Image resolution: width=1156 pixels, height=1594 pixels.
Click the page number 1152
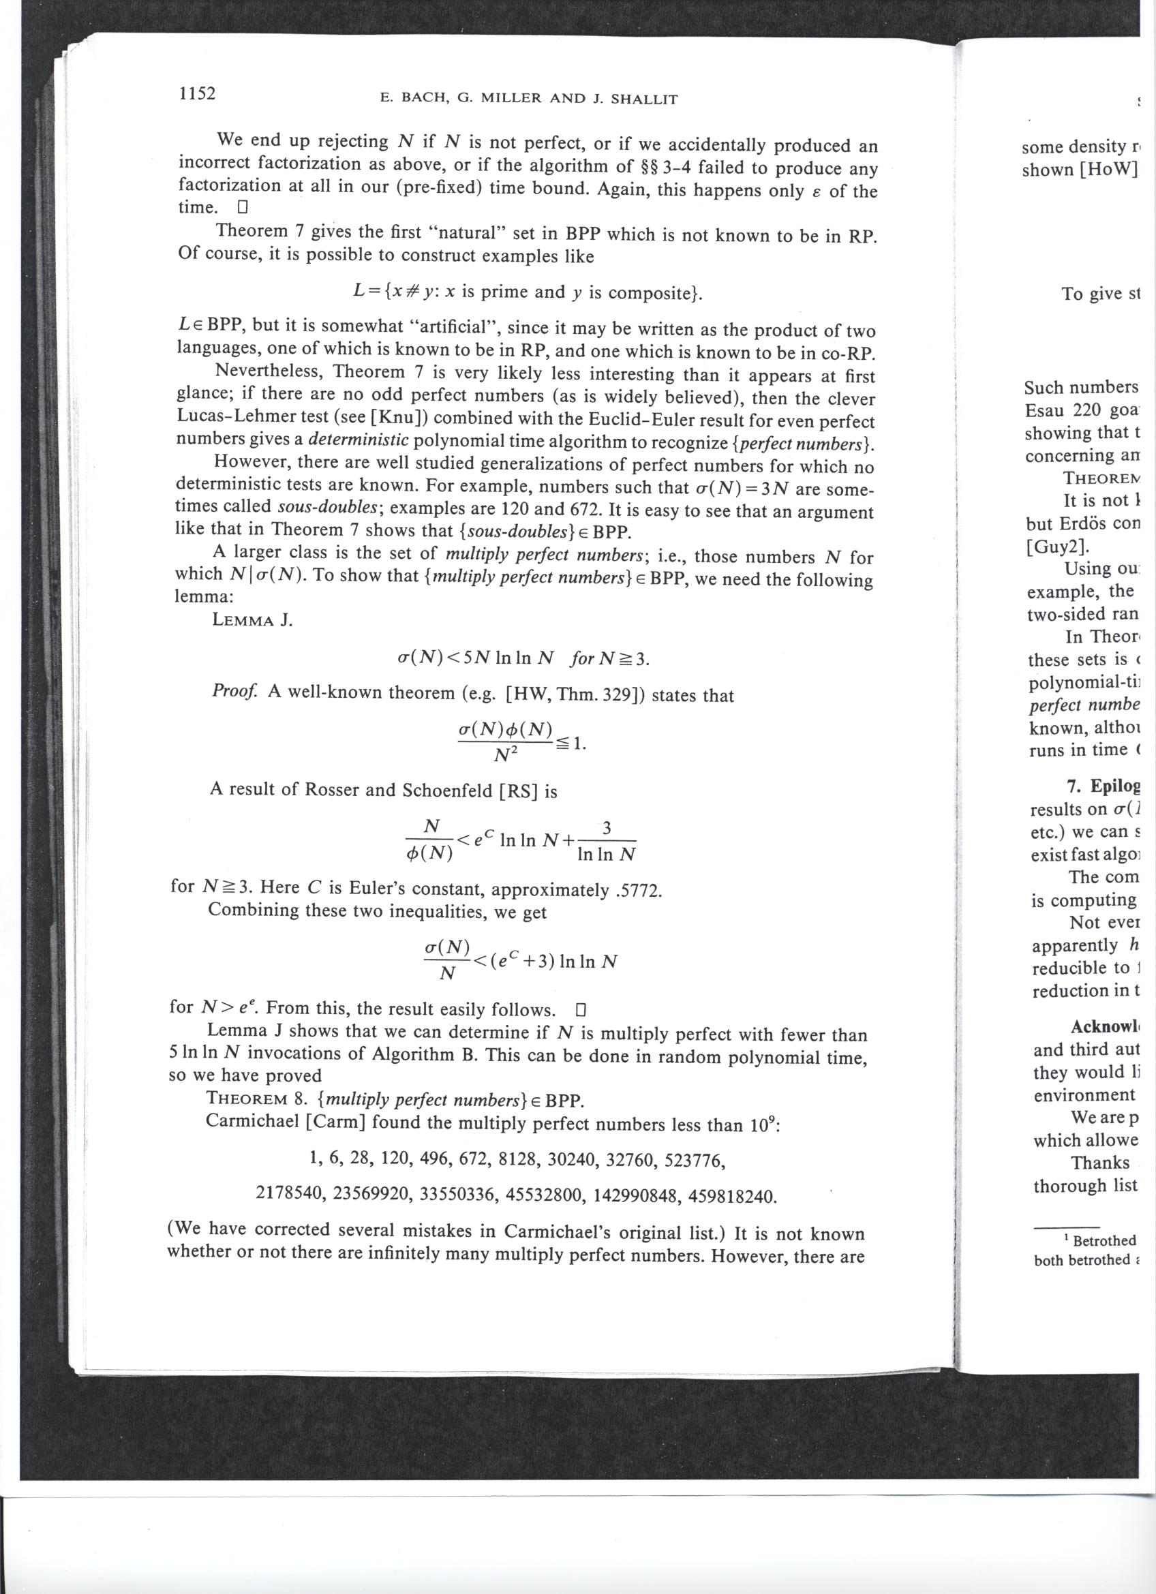(198, 93)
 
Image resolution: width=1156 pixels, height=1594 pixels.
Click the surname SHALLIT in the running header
(644, 99)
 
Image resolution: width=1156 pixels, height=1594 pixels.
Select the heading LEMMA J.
(252, 621)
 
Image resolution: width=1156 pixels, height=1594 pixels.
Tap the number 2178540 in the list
(290, 1194)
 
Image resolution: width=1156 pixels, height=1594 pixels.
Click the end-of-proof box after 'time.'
(243, 208)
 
